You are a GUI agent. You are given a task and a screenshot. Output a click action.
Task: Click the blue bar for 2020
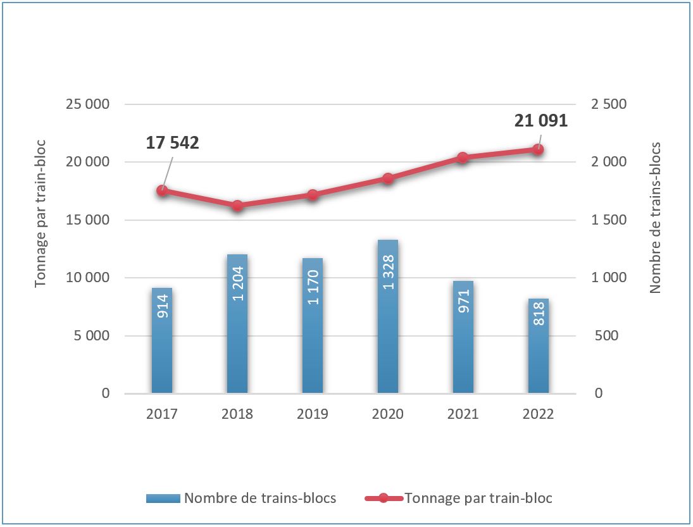(x=388, y=316)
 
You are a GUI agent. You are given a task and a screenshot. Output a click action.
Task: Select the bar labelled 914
(x=162, y=340)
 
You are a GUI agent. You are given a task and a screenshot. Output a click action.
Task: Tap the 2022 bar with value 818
(x=539, y=345)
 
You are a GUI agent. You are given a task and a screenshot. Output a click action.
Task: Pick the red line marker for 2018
(x=237, y=206)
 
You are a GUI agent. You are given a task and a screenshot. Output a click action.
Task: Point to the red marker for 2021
(x=463, y=158)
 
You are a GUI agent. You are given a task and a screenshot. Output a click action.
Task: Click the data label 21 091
(x=541, y=121)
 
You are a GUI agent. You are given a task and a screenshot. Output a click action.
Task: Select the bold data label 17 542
(x=172, y=143)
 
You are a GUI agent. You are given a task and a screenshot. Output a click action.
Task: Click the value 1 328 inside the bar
(x=388, y=273)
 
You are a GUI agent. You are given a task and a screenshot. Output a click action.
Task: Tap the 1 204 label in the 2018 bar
(x=237, y=283)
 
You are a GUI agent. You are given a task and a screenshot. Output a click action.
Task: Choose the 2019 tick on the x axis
(x=313, y=414)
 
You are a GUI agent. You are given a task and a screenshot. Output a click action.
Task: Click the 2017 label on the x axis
(x=162, y=414)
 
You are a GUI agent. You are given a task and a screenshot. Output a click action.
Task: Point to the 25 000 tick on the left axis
(x=87, y=104)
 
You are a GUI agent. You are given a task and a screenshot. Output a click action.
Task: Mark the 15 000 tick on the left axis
(x=87, y=220)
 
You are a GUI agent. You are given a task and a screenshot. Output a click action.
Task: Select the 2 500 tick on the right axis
(x=608, y=104)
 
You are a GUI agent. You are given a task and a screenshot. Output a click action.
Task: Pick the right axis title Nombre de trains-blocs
(x=655, y=217)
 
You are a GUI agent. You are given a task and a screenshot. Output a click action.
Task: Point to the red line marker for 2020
(x=388, y=178)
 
